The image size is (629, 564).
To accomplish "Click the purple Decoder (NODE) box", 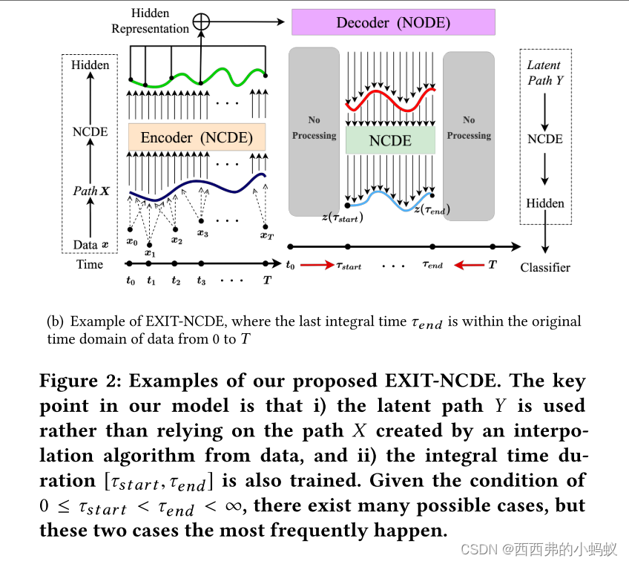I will click(x=392, y=22).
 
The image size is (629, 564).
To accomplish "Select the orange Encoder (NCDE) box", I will click(x=197, y=137).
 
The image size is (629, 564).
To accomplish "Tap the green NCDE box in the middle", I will click(x=390, y=140).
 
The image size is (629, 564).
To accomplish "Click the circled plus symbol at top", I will click(x=201, y=22).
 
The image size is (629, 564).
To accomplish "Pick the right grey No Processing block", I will click(x=469, y=134).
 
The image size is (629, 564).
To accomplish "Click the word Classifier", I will click(x=545, y=268).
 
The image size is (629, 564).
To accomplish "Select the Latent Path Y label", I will click(x=544, y=73).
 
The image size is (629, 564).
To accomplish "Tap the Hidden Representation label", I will click(x=151, y=21).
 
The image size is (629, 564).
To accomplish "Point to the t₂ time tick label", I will click(x=176, y=281).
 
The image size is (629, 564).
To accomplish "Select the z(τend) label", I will click(x=432, y=210).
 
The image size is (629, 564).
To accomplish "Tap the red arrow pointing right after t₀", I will click(x=317, y=264).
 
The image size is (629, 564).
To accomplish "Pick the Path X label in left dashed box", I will click(x=90, y=191).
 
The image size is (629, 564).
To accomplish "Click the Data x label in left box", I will click(x=90, y=244).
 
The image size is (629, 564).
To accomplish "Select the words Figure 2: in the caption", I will click(x=79, y=381).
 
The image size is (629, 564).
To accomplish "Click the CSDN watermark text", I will click(x=478, y=549).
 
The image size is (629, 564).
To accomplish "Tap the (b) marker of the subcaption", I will click(x=55, y=322).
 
